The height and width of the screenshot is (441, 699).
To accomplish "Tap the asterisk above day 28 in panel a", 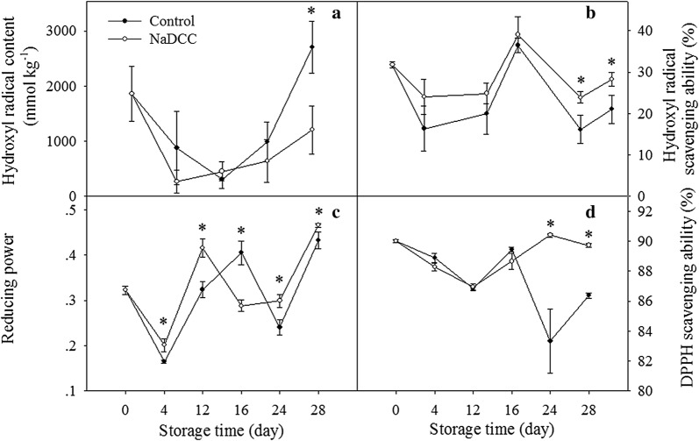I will [x=311, y=11].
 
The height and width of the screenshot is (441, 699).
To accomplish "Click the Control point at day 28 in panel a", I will [x=311, y=46].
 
